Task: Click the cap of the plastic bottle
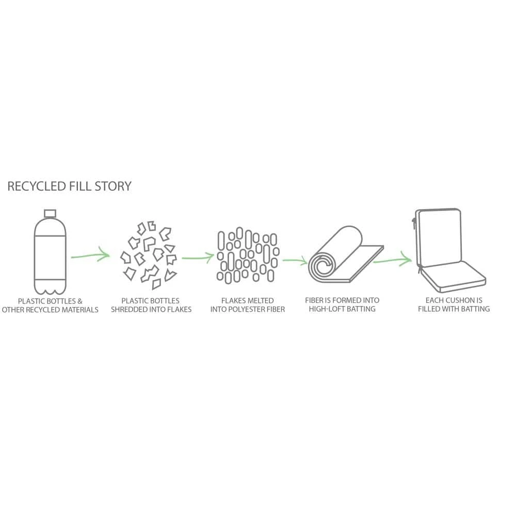(x=50, y=214)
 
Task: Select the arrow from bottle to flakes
(x=90, y=255)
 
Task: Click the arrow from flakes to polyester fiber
(x=198, y=256)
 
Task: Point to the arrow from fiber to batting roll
(x=295, y=262)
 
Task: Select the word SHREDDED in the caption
(x=132, y=310)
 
